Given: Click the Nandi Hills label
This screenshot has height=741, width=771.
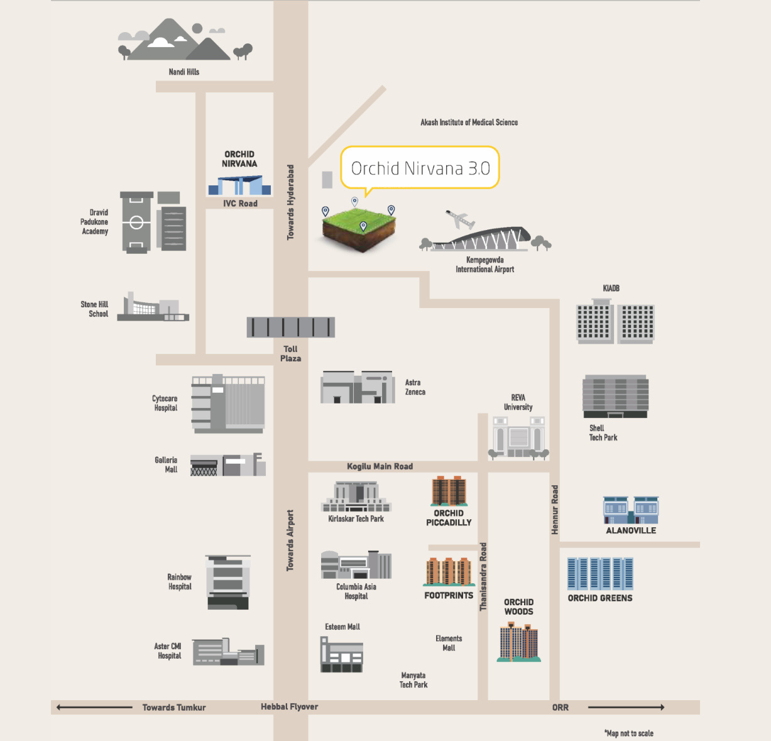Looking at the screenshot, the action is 184,72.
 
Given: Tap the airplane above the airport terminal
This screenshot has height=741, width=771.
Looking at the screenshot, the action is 460,219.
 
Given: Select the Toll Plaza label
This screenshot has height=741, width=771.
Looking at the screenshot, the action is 290,353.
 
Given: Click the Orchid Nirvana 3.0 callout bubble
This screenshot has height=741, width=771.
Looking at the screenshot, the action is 420,168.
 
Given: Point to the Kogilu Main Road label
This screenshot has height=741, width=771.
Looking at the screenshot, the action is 380,466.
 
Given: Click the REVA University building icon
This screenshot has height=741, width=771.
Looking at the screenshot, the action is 518,437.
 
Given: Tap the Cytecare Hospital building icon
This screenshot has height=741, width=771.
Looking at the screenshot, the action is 228,403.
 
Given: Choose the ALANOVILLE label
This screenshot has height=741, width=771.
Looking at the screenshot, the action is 631,530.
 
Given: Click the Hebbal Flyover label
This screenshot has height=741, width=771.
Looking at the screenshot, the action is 289,706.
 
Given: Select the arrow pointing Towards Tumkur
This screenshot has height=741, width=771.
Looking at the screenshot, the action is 94,707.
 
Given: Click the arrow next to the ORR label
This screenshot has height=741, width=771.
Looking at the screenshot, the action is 626,707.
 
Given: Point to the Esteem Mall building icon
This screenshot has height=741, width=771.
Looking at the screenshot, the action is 342,654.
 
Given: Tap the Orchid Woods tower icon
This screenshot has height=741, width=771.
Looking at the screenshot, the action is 518,642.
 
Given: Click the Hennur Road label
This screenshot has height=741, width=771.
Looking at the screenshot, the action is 555,510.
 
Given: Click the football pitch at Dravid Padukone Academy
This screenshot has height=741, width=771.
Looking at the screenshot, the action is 136,222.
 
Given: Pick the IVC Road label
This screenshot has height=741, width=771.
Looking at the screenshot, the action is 240,203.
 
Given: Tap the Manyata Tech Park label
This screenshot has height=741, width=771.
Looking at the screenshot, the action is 413,679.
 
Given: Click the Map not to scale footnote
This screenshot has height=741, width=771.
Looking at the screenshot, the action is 629,733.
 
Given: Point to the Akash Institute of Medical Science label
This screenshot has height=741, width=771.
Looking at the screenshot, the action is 469,123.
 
